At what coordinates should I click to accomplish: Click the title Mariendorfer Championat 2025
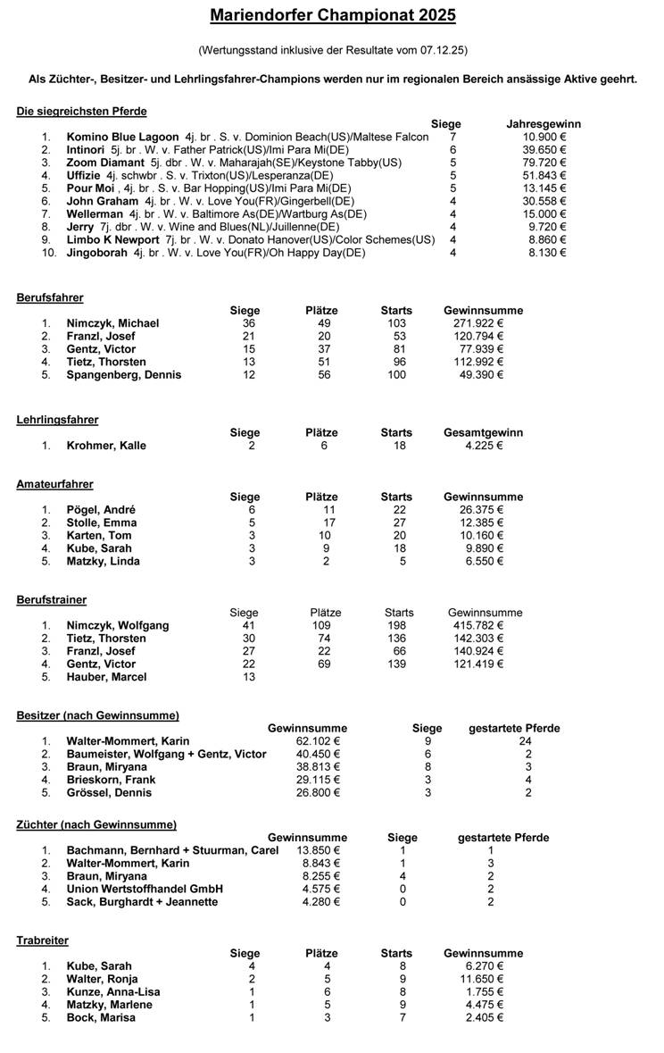pos(333,15)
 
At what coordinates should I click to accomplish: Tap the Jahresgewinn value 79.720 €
pos(544,163)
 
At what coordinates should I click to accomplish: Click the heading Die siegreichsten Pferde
pos(81,112)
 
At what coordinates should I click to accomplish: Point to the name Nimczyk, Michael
pos(112,323)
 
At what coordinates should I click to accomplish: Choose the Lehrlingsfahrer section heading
pos(57,420)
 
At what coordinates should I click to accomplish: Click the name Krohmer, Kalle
pos(106,446)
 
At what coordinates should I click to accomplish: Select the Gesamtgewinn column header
pos(483,432)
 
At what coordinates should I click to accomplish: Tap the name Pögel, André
pos(101,510)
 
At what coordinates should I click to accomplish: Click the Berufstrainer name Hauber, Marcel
pos(107,677)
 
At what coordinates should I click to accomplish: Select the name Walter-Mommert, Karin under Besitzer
pos(128,741)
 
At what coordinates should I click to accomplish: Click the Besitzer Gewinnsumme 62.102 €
pos(318,741)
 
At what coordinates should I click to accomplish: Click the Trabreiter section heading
pos(42,940)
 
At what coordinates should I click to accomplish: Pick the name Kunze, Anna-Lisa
pos(110,992)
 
